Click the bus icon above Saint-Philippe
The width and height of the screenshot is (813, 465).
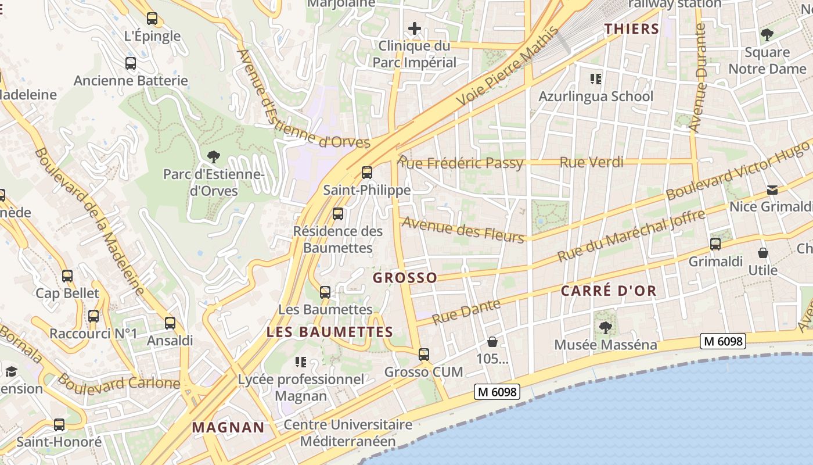pos(366,173)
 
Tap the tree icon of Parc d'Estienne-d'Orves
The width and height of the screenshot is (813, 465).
pos(214,156)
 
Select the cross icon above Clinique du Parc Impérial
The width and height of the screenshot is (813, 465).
pos(415,28)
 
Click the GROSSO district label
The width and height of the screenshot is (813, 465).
pos(405,278)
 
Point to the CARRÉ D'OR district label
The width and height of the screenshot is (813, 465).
pos(608,291)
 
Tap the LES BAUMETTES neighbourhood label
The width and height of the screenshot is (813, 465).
pos(330,332)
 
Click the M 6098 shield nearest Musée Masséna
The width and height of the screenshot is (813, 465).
pos(722,341)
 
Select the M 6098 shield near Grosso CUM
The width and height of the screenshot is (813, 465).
pos(496,392)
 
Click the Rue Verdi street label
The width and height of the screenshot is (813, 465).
pos(591,162)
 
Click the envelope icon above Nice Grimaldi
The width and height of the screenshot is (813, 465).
pos(772,190)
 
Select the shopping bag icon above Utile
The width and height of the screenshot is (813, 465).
pos(763,253)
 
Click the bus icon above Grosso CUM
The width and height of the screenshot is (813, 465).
pos(424,354)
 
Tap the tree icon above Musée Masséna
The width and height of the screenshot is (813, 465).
pos(606,327)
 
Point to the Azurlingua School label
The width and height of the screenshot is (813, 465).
pos(596,96)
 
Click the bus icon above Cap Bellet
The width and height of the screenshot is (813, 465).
pos(67,276)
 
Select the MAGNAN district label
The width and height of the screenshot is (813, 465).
pos(228,428)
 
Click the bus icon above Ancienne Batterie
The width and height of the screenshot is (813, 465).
pos(131,63)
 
